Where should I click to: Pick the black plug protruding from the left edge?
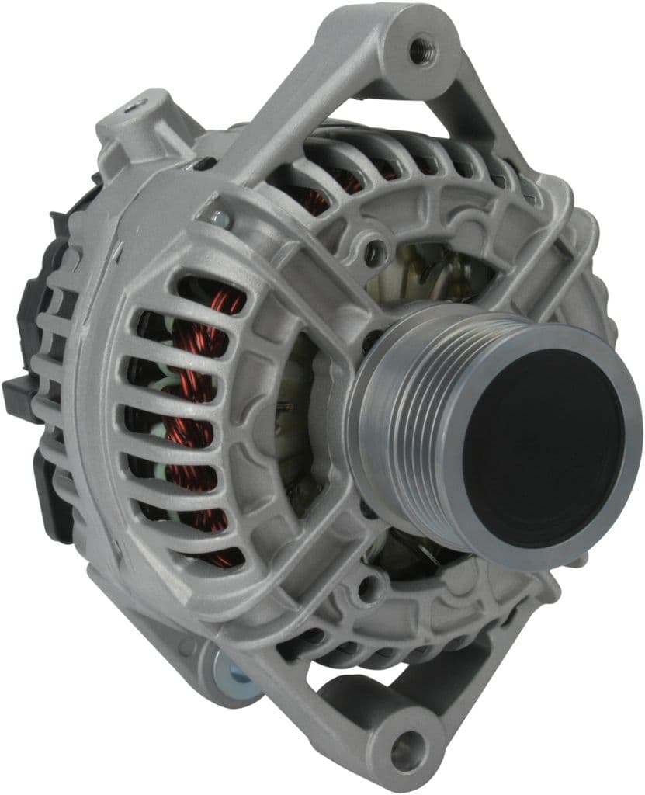tap(17, 393)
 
